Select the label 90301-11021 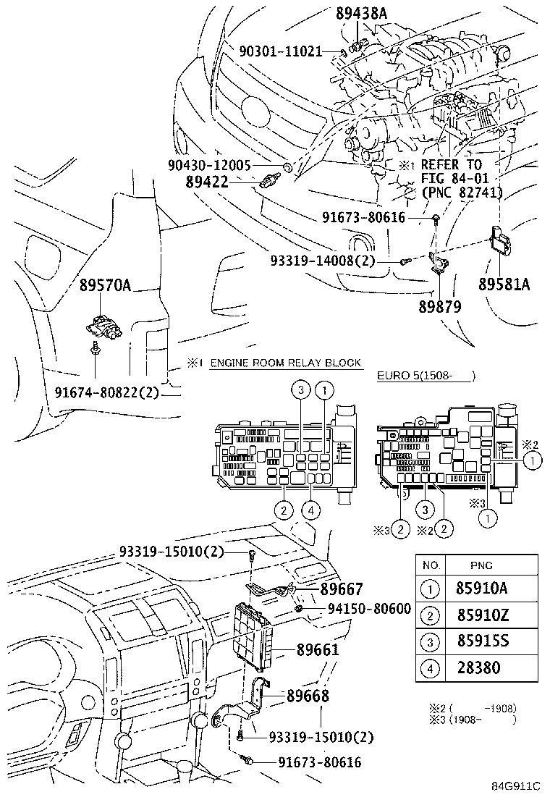tap(281, 51)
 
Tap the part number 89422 tap(207, 181)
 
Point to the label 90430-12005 tap(209, 165)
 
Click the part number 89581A tap(504, 284)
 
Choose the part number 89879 tap(440, 306)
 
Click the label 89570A tap(105, 285)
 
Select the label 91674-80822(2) tap(106, 392)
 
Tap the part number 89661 tap(318, 649)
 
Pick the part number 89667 tap(342, 589)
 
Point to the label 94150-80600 tap(369, 609)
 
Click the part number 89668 tap(308, 696)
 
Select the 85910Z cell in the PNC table tap(482, 615)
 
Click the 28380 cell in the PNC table tap(478, 668)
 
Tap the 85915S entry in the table tap(482, 641)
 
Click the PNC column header tap(481, 565)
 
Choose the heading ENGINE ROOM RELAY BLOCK tap(286, 363)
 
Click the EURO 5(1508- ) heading tap(426, 375)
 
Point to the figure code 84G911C tap(515, 786)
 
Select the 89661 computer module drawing tap(253, 636)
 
